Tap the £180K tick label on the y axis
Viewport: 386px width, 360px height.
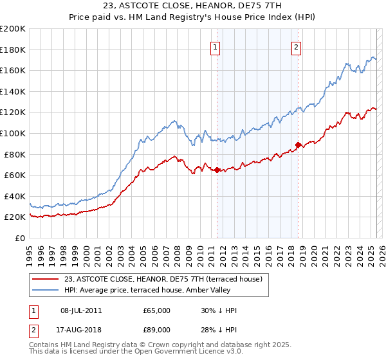click(13, 50)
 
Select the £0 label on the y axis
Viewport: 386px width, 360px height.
click(20, 238)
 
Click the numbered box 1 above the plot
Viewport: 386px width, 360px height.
click(215, 46)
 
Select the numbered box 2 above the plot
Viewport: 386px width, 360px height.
click(297, 46)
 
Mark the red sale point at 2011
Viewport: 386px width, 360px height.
click(217, 170)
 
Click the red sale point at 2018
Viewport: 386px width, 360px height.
click(298, 145)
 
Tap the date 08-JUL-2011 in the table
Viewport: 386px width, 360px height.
click(80, 310)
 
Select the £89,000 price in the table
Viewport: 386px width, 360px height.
click(156, 331)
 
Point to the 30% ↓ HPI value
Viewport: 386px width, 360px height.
click(219, 310)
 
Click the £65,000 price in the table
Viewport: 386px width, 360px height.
click(156, 310)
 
